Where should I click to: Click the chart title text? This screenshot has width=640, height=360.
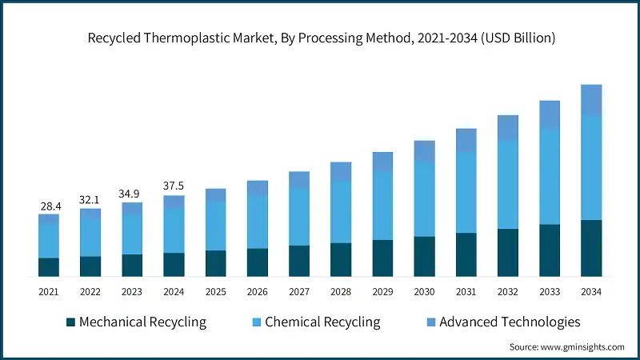[320, 38]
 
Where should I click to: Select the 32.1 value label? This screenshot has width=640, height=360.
[90, 201]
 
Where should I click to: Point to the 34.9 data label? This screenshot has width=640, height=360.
[131, 194]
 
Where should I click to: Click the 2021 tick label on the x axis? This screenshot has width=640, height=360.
[48, 293]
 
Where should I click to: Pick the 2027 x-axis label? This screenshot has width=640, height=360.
[299, 293]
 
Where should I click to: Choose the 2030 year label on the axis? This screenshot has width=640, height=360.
[424, 293]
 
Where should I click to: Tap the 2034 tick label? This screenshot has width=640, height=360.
[591, 293]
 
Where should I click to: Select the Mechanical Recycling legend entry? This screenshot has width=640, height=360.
[136, 322]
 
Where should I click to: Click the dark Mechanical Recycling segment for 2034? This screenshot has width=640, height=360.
[591, 248]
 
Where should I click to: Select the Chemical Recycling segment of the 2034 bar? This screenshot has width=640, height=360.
[591, 167]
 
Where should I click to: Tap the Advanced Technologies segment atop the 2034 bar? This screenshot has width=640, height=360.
[591, 99]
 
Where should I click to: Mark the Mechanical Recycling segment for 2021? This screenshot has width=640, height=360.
[48, 267]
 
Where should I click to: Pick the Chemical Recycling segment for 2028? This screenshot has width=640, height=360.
[341, 211]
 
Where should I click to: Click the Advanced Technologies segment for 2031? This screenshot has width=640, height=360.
[466, 140]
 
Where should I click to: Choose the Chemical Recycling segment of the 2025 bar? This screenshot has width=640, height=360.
[215, 226]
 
